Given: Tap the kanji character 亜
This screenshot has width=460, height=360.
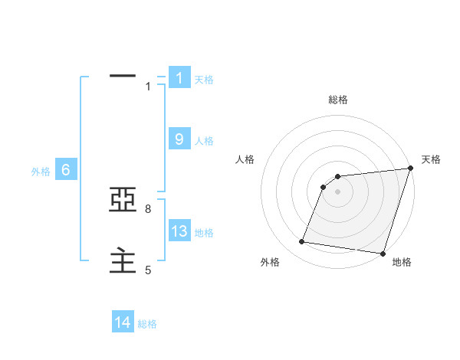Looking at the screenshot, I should pos(123,201).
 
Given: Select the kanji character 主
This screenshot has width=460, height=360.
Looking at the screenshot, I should pos(123,261).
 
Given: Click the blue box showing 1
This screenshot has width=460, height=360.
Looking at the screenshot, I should pos(179,77).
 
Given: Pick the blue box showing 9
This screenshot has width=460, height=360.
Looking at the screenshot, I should pos(179,139).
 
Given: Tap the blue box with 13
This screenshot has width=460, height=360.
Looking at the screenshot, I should pos(179,231).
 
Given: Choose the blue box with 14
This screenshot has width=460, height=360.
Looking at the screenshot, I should pos(123,322).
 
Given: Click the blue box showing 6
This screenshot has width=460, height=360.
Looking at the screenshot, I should pos(66,170).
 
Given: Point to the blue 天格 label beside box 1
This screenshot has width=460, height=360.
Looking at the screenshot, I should pos(204,79).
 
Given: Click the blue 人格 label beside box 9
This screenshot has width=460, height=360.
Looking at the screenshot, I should pos(204,140).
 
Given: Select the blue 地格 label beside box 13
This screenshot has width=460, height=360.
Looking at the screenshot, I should pos(204,233).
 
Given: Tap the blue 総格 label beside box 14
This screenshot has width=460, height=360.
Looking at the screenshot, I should pos(147,324).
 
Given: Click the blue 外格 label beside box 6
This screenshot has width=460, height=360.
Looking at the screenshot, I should pos(41,172).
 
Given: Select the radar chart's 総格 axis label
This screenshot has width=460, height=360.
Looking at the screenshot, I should pos(338,100).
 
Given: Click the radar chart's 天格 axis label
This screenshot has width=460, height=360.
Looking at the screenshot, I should pos(432,159).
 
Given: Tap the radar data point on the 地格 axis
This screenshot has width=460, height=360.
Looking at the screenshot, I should pos(382,254).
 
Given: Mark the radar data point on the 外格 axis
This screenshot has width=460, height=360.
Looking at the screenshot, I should pos(302,242).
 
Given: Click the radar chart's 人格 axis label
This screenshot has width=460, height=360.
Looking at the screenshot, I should pos(245,159).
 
